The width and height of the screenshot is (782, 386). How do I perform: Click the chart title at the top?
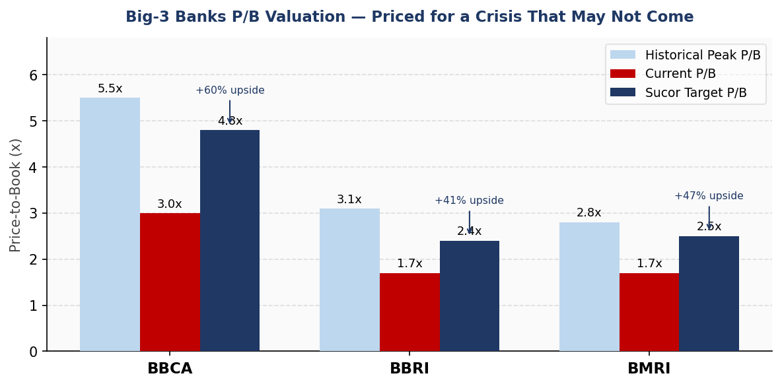click(x=409, y=17)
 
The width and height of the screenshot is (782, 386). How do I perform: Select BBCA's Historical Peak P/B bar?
click(x=110, y=224)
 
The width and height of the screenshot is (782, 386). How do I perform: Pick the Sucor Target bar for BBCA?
click(x=230, y=240)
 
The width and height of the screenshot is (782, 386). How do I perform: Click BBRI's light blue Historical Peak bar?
click(x=349, y=280)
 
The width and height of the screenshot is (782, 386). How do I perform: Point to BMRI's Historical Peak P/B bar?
click(x=589, y=286)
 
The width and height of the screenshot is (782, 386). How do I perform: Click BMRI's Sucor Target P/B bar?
click(x=709, y=294)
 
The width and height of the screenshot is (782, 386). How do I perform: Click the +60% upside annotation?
click(x=230, y=90)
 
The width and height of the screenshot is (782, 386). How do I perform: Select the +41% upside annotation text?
click(x=469, y=201)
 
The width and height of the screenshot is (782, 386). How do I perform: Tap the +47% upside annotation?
click(x=709, y=196)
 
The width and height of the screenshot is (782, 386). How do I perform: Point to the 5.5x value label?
click(x=110, y=89)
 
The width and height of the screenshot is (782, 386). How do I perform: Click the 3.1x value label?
click(x=349, y=200)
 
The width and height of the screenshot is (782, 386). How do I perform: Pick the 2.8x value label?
click(x=589, y=213)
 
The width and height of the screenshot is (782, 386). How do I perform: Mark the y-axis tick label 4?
click(x=33, y=168)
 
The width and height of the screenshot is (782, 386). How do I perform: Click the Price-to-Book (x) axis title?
click(x=16, y=195)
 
